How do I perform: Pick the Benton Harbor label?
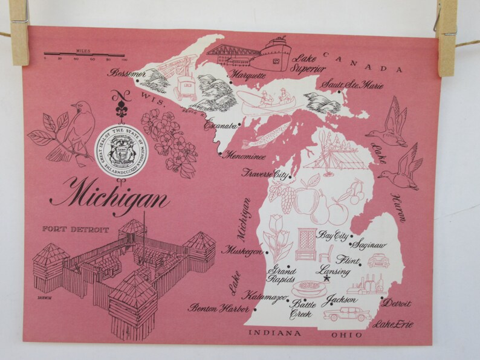click(210, 309)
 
